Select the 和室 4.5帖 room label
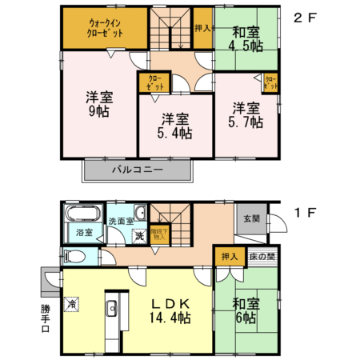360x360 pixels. click(x=245, y=39)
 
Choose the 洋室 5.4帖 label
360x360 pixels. click(x=174, y=126)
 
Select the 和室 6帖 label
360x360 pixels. click(x=246, y=311)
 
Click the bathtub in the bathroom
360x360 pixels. click(x=79, y=215)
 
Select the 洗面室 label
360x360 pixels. click(x=119, y=220)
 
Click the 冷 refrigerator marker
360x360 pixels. click(x=72, y=303)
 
